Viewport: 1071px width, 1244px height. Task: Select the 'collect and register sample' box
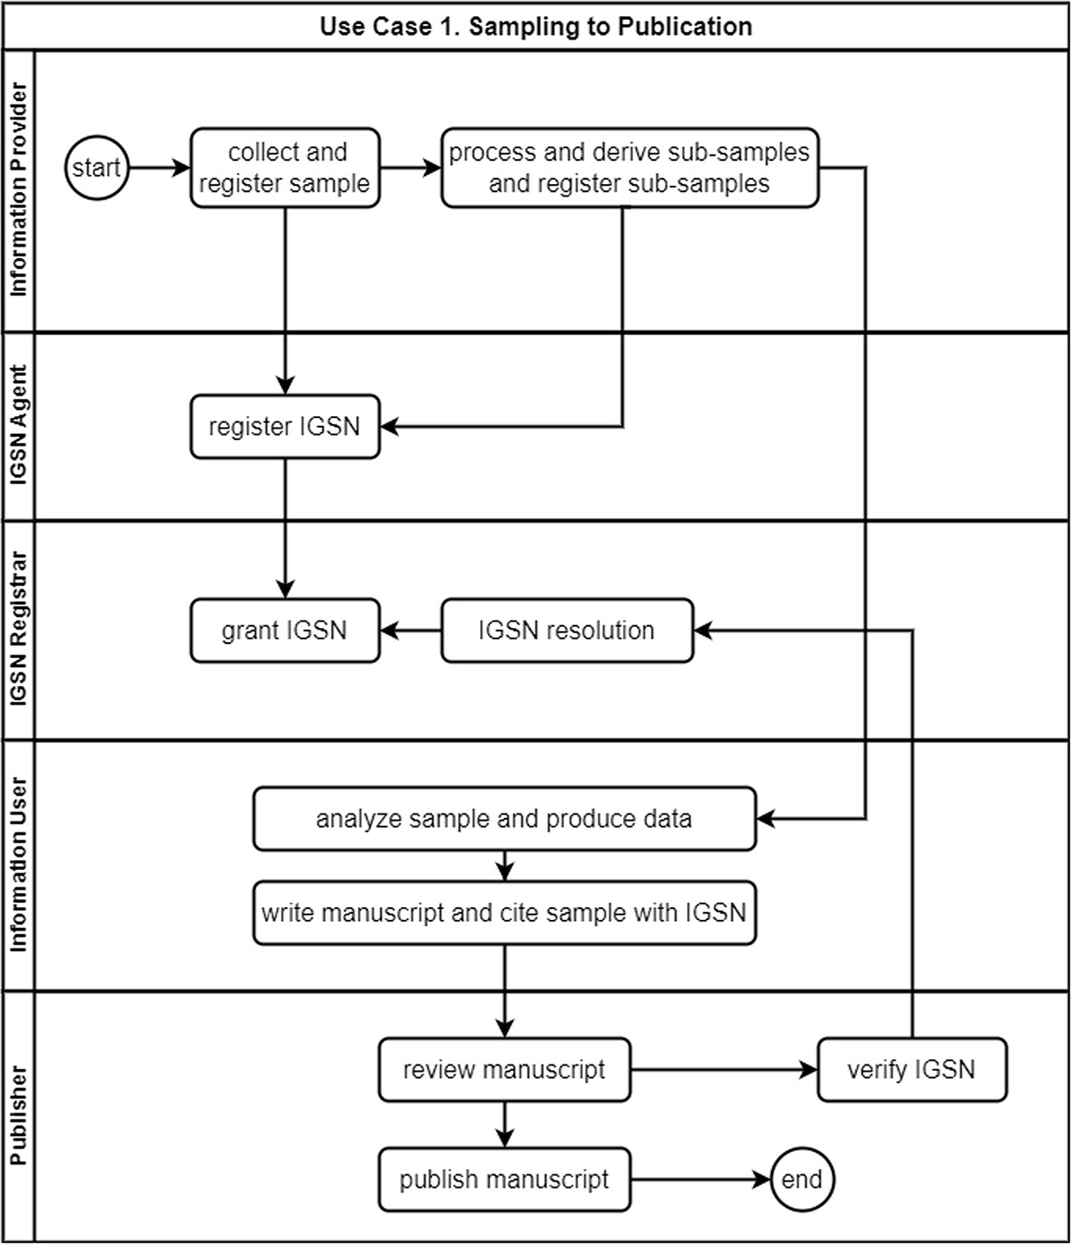[285, 168]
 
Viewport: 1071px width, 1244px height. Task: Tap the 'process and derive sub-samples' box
[629, 168]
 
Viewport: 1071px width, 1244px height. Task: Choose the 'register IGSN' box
[285, 427]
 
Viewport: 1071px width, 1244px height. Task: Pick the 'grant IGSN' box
[285, 630]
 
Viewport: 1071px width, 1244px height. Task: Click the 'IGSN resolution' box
[567, 630]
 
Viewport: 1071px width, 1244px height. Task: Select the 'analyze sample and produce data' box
[504, 819]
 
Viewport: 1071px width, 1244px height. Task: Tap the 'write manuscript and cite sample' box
[504, 913]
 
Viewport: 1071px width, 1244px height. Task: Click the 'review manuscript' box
[504, 1070]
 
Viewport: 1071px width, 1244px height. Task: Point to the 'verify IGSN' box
[912, 1070]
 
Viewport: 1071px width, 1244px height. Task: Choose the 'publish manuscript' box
[504, 1180]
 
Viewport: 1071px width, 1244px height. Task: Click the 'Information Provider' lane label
[19, 189]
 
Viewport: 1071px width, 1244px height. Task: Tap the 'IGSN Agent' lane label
[19, 425]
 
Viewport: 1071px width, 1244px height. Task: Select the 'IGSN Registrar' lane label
[19, 629]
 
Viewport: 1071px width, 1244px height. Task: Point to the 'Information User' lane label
[19, 864]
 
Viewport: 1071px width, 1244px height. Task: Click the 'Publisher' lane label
[19, 1115]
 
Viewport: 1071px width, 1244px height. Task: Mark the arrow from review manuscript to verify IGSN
[725, 1070]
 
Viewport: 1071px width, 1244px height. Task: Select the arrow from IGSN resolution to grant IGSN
[411, 630]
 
